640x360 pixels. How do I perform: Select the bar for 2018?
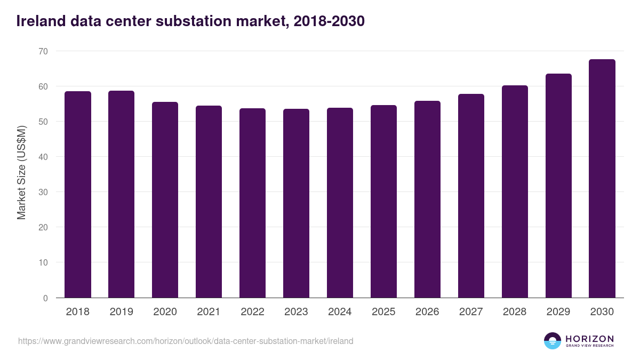(78, 195)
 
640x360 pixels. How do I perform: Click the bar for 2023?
(296, 203)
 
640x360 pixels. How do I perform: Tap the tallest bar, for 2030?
(602, 179)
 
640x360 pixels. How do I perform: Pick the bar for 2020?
(165, 200)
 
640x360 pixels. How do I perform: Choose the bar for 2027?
(471, 196)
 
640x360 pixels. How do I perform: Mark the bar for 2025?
(383, 202)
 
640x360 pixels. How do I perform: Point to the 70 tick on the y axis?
(43, 51)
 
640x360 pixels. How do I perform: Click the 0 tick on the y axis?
(45, 298)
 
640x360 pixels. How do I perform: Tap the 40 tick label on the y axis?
(43, 157)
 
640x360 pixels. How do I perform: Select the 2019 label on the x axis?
(122, 312)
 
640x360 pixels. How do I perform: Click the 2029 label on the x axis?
(558, 312)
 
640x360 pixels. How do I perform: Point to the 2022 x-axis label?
(252, 312)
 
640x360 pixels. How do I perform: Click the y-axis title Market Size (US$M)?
(21, 173)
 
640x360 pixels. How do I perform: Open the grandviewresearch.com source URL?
(186, 341)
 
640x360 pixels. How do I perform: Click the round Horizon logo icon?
(553, 341)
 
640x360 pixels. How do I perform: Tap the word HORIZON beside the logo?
(589, 338)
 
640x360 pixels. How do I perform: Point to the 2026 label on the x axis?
(427, 312)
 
